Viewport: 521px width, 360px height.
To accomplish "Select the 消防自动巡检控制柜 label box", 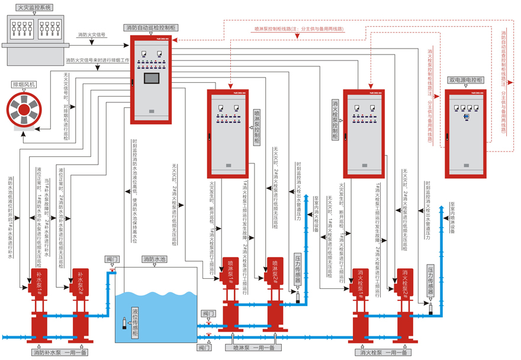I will point(151,28).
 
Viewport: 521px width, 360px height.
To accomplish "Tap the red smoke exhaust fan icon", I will point(22,111).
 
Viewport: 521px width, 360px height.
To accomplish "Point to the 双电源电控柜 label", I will point(466,79).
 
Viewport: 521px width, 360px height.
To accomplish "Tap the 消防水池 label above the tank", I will point(155,259).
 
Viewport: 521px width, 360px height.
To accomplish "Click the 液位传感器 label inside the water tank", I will point(135,323).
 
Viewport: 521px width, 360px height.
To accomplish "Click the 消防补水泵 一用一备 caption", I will point(59,352).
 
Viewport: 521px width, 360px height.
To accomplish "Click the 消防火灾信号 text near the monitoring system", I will point(92,35).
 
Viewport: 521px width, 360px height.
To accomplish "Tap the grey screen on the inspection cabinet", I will point(151,79).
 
